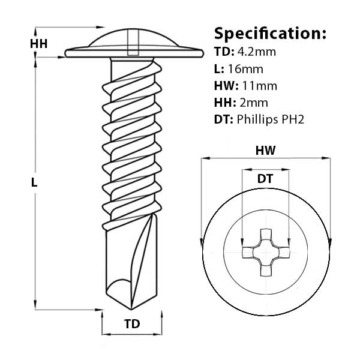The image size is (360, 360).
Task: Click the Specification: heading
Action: point(270,32)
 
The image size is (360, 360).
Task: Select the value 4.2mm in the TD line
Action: point(256,52)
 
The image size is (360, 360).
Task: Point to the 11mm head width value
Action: point(259,86)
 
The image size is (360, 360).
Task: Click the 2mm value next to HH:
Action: point(251,103)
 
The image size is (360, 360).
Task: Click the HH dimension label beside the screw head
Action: point(38,43)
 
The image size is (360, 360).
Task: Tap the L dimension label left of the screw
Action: point(34,184)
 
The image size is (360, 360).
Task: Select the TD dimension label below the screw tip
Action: point(131,324)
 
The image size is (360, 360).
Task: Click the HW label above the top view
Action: point(265,151)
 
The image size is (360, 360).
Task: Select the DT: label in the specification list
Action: point(224,120)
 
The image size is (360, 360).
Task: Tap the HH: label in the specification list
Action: point(224,103)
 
